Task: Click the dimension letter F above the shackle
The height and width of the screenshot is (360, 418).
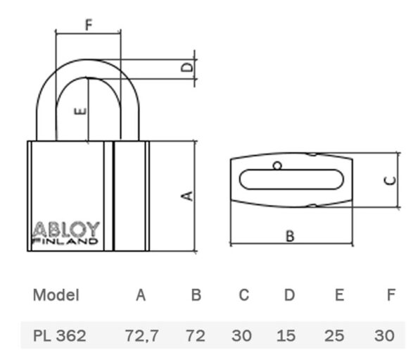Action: [89, 24]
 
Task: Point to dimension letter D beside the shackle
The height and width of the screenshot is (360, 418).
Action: [187, 67]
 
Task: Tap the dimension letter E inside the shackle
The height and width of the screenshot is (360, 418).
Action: [80, 111]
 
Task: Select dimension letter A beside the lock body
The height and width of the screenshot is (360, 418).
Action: [187, 196]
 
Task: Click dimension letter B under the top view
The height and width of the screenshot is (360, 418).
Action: [290, 236]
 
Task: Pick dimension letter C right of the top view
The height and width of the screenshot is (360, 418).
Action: [390, 180]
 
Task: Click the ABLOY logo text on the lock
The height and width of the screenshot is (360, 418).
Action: [65, 229]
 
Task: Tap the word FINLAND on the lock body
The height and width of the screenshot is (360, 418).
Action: [65, 241]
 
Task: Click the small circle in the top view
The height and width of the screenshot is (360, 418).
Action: [277, 166]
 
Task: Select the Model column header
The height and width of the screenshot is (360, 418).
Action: [56, 295]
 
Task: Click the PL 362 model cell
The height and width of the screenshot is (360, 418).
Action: [59, 335]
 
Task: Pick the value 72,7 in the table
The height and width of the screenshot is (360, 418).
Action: [142, 336]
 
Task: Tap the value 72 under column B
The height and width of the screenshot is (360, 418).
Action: [196, 335]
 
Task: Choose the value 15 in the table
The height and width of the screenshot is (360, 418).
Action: [286, 335]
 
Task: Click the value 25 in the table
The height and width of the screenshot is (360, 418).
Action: [334, 335]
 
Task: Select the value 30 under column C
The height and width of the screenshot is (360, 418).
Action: [241, 335]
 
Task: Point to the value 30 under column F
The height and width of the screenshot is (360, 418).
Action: [384, 335]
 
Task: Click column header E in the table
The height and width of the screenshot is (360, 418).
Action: [339, 295]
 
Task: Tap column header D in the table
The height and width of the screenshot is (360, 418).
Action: [289, 295]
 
